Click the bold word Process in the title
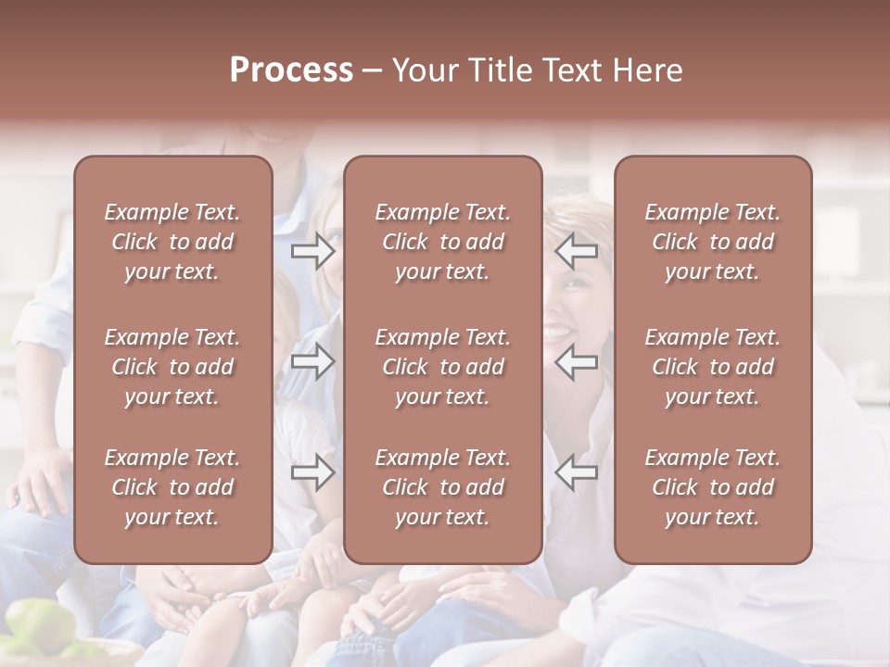click(291, 70)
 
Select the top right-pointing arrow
click(312, 251)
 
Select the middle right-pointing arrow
click(312, 361)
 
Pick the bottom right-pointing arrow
click(312, 472)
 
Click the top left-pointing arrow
click(577, 251)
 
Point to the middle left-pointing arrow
click(577, 361)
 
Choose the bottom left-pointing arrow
click(577, 472)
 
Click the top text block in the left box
click(172, 242)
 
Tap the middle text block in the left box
click(172, 367)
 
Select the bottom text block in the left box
click(172, 487)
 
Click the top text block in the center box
click(443, 242)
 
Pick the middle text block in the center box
click(443, 367)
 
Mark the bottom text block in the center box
click(443, 487)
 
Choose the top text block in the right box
click(713, 242)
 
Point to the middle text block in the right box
click(713, 367)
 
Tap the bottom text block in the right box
click(713, 487)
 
